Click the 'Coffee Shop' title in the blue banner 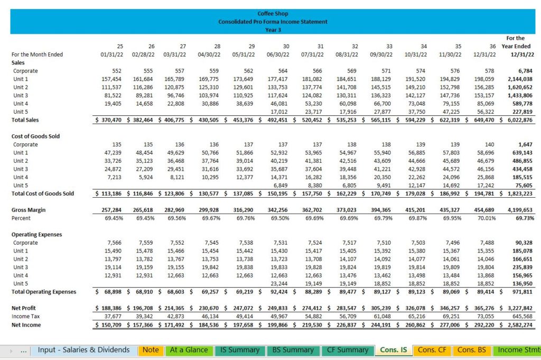pos(273,13)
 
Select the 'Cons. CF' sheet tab pos(432,350)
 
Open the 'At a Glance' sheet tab pos(189,350)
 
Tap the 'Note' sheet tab pos(151,350)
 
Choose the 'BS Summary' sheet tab pos(293,350)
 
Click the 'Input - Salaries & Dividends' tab pos(83,350)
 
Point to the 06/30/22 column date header pos(278,54)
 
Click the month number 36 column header pos(492,46)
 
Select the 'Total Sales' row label pos(25,120)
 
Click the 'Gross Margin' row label pos(29,210)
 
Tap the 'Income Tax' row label pos(25,316)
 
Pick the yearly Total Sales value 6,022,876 pos(520,120)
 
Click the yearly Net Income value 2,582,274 pos(520,325)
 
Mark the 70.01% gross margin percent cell pos(487,218)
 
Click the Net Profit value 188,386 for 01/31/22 pos(111,308)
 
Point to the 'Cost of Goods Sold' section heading pos(35,136)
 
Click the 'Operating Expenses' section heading pos(36,235)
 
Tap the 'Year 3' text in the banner pos(273,30)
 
